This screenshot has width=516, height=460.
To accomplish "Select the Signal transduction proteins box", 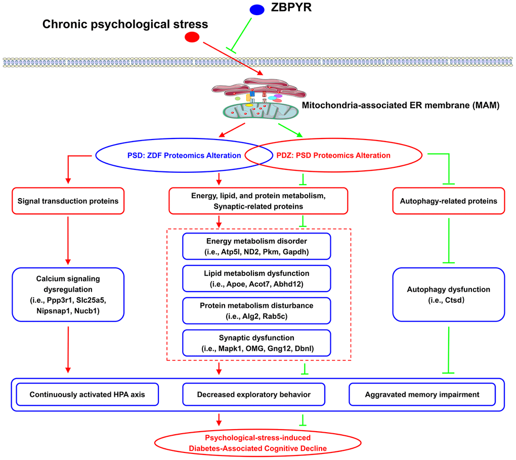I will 68,201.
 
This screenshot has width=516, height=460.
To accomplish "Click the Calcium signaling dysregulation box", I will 68,294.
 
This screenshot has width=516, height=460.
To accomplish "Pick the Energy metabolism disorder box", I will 256,246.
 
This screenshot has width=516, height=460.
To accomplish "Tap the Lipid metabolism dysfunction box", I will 256,278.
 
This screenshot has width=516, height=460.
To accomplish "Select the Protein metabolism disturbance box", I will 256,310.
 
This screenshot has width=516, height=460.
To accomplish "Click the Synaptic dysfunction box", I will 256,343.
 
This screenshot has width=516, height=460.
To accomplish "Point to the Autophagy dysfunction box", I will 448,294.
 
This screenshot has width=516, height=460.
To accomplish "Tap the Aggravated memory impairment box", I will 422,394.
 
